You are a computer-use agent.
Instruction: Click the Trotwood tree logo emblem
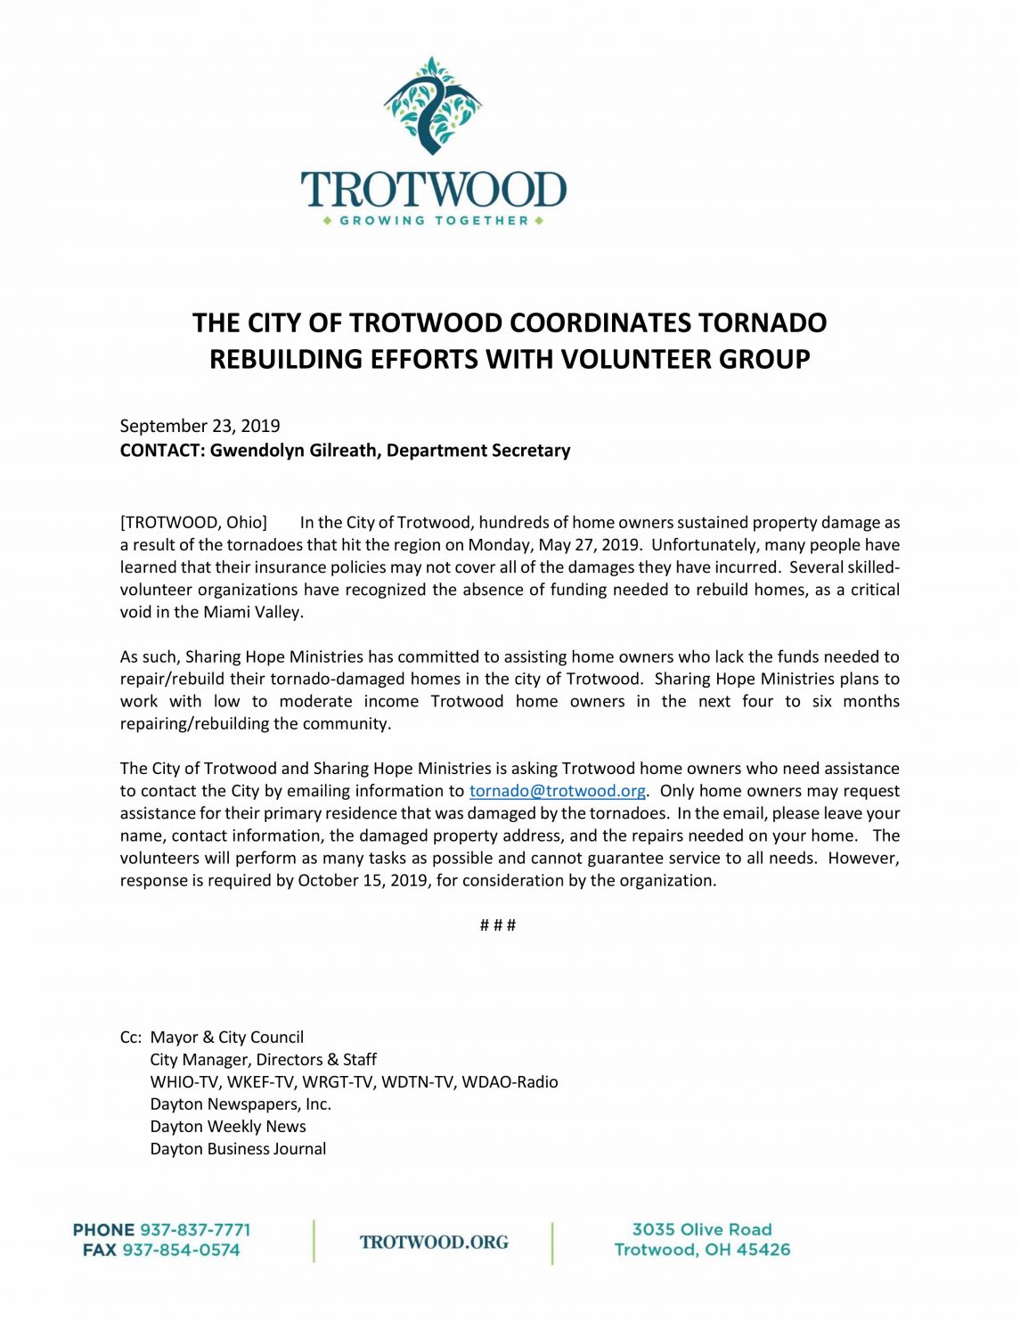(x=433, y=105)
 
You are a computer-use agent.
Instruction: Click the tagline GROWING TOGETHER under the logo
(x=433, y=220)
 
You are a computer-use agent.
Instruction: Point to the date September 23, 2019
(x=200, y=426)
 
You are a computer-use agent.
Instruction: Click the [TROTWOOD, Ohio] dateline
(x=193, y=522)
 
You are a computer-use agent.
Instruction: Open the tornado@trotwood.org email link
(x=558, y=791)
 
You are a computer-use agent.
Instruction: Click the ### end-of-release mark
(x=498, y=925)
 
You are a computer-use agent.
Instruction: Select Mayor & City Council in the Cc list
(x=226, y=1037)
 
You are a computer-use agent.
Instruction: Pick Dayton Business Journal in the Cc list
(x=238, y=1148)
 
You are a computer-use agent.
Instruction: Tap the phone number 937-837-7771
(x=195, y=1229)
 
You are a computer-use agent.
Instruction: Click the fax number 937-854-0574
(x=181, y=1250)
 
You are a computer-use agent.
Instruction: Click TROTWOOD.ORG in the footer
(x=434, y=1242)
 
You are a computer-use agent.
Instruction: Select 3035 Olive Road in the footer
(x=702, y=1229)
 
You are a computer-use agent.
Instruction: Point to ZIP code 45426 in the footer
(x=763, y=1250)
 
